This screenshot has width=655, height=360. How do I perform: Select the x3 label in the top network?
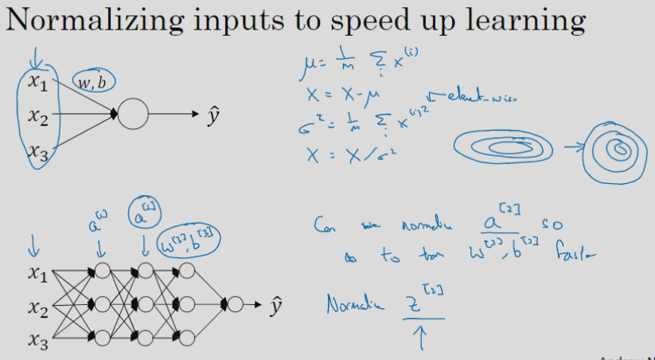[x=37, y=150]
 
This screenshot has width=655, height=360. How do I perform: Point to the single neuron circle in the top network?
[x=134, y=115]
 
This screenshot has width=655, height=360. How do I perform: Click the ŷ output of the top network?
[x=213, y=117]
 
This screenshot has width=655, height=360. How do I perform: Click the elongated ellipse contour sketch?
[x=505, y=148]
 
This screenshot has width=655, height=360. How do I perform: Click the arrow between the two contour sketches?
[x=569, y=147]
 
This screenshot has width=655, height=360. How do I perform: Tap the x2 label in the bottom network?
[x=37, y=307]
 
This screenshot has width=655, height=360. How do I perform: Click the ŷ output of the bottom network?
[x=276, y=303]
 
